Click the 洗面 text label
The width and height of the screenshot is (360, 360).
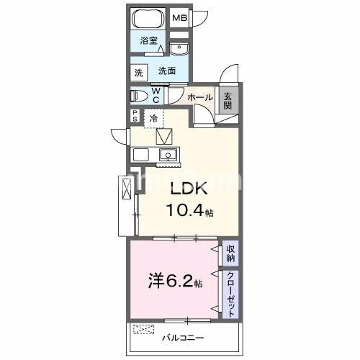pos(167,71)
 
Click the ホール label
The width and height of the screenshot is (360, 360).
pos(199,96)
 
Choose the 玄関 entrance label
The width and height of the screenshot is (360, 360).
pos(228,100)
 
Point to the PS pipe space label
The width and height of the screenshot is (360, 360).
pos(135,116)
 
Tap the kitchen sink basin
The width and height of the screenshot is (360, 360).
pos(168,155)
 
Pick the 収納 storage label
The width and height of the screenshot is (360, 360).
pos(230,253)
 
